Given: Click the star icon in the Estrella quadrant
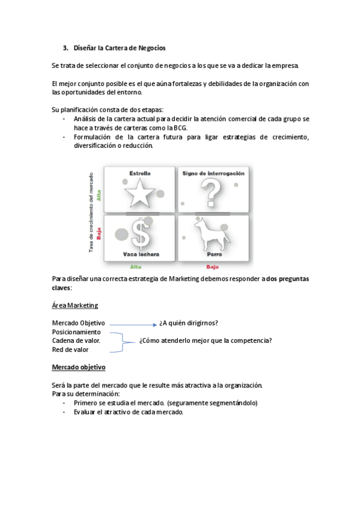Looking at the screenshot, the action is click(x=139, y=194).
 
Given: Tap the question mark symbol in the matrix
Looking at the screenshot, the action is click(x=211, y=194).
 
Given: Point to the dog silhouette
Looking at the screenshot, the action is click(x=212, y=233).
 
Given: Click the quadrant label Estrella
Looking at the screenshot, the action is click(x=140, y=173).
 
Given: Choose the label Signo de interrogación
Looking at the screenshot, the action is click(x=213, y=173).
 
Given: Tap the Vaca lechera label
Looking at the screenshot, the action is click(x=141, y=254).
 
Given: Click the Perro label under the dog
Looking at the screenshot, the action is click(x=215, y=254).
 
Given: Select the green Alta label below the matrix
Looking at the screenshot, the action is click(x=136, y=266).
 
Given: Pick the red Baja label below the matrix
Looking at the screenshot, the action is click(x=213, y=266).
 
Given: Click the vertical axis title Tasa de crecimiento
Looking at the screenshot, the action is click(x=91, y=212).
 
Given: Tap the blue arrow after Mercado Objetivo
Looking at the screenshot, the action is click(x=133, y=325).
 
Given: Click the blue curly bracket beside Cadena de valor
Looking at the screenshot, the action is click(x=123, y=342).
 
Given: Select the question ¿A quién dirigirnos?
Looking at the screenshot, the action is click(x=189, y=323).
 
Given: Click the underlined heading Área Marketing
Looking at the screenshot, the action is click(x=75, y=306).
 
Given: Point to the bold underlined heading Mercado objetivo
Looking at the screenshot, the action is click(x=79, y=367).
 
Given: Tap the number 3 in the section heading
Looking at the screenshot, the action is click(x=66, y=48).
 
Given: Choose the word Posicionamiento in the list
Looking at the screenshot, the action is click(x=76, y=332).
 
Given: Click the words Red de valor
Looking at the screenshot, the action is click(x=70, y=349).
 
